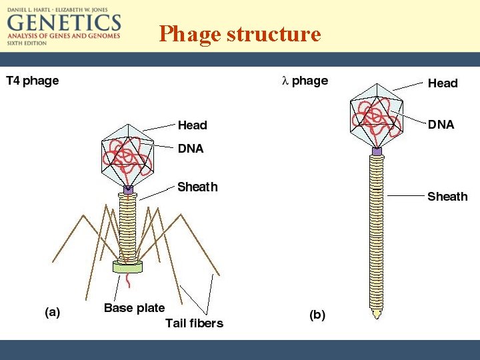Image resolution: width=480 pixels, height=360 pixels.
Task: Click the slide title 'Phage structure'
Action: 240,33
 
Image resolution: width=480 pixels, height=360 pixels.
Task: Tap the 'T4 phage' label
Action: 33,81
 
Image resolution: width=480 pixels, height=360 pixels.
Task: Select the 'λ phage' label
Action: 305,81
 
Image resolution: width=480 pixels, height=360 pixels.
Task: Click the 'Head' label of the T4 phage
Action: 192,125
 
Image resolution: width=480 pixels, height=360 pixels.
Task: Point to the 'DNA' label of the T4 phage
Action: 191,148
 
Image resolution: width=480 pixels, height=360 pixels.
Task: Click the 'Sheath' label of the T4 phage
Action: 197,187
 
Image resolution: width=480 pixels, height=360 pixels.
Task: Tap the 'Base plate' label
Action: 134,307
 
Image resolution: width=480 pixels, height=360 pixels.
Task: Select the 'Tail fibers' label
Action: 194,323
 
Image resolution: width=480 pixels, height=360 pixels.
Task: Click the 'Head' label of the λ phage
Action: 443,83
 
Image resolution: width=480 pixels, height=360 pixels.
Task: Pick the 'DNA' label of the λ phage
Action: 441,124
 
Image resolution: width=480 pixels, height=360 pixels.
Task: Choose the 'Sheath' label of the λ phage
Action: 447,196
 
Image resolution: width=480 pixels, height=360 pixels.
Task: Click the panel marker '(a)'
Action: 52,312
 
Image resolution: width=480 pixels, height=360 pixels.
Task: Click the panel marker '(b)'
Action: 317,315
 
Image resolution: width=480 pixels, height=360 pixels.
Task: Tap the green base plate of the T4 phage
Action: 127,267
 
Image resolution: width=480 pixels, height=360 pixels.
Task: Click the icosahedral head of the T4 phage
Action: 127,155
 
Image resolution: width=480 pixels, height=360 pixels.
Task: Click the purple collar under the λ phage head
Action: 377,152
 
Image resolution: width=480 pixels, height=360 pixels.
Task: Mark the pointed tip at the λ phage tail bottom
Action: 377,311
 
